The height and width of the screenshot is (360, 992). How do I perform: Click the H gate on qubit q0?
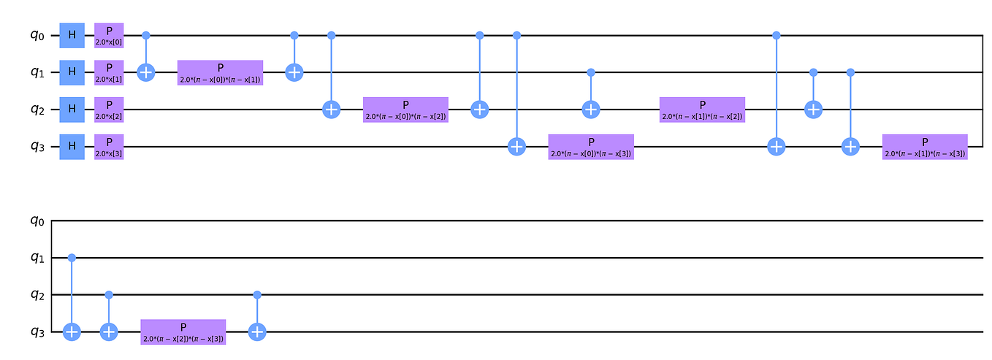tap(72, 35)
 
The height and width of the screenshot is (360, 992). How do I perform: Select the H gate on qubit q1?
tap(72, 72)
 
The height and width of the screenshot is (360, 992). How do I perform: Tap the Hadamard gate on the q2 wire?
tap(72, 110)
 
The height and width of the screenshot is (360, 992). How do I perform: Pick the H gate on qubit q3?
tap(72, 147)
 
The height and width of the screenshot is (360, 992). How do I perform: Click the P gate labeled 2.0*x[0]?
tap(109, 35)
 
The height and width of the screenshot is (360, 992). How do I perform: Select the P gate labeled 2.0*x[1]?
tap(109, 72)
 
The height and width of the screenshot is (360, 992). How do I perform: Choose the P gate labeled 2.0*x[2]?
tap(109, 110)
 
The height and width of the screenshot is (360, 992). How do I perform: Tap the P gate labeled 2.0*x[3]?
tap(109, 147)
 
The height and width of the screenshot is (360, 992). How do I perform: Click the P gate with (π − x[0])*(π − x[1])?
tap(220, 72)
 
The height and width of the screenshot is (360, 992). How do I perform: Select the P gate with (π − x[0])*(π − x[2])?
tap(405, 110)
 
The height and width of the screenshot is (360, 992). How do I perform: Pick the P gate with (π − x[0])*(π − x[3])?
tap(591, 147)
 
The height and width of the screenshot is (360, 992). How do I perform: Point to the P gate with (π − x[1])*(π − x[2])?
tap(702, 110)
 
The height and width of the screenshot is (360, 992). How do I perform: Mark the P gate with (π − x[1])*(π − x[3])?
tap(925, 147)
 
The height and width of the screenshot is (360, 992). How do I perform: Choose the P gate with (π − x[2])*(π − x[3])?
tap(183, 332)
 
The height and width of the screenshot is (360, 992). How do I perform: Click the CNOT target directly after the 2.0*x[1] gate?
tap(146, 72)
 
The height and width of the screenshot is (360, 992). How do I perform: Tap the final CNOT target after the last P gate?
tap(257, 332)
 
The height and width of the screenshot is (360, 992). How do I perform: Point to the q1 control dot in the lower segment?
tap(72, 258)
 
